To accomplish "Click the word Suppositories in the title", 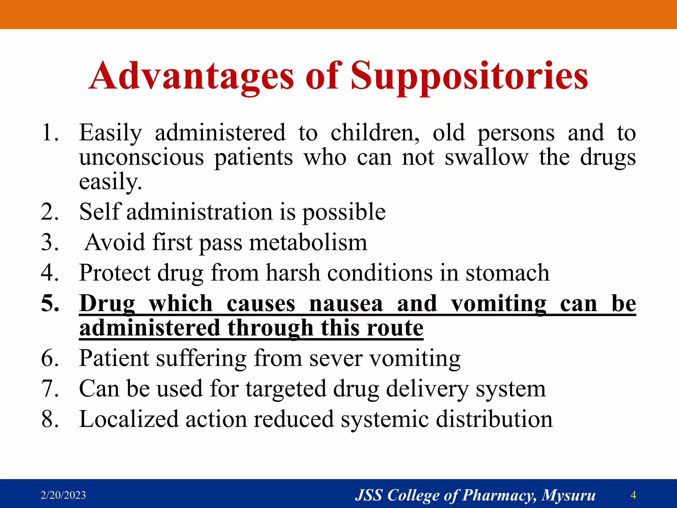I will coord(469,77).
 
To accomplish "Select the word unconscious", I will coord(141,157).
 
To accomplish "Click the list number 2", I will coord(50,212).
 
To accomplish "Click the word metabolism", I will coord(308,242).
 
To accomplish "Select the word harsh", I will coord(293,273).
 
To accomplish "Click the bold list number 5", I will coord(50,303).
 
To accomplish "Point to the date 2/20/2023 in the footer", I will coord(63,495).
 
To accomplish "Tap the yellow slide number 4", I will coord(633,495).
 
